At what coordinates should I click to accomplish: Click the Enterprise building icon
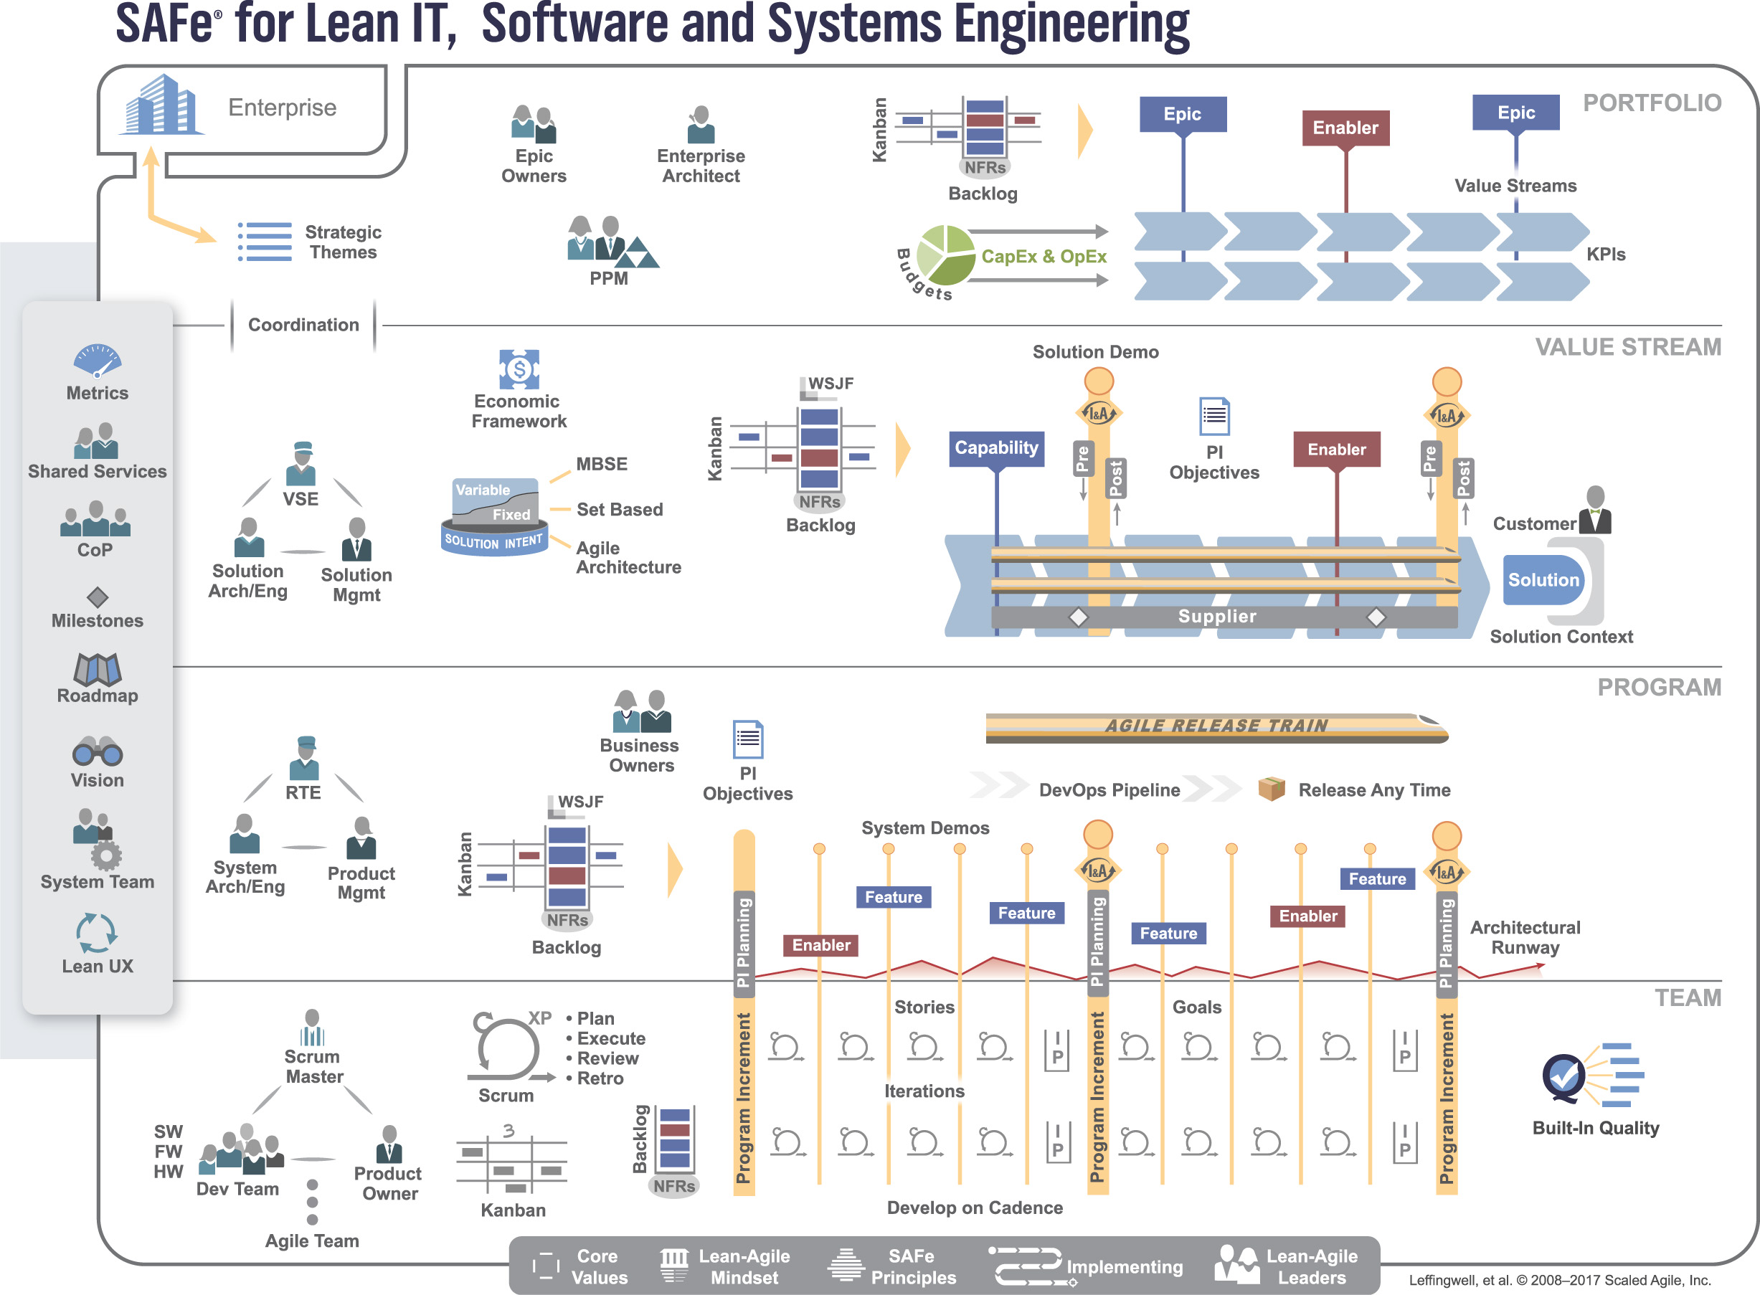[x=161, y=104]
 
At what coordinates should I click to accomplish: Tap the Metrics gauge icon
[x=98, y=361]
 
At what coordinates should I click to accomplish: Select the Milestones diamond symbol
[x=98, y=597]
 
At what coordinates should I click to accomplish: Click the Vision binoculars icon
[x=98, y=751]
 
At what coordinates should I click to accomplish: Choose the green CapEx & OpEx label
[x=1044, y=256]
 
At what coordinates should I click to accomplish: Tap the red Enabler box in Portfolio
[x=1345, y=128]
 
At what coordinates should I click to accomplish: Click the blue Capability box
[x=996, y=448]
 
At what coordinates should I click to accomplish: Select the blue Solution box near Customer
[x=1543, y=580]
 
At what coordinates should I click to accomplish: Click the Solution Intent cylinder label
[x=494, y=541]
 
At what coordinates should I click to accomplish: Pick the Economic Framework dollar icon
[x=519, y=369]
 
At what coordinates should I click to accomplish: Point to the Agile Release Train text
[x=1216, y=726]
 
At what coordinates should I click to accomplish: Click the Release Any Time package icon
[x=1271, y=788]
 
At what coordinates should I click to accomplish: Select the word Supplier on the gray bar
[x=1216, y=616]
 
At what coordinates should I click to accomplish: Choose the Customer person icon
[x=1594, y=511]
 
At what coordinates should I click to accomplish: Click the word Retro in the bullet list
[x=600, y=1078]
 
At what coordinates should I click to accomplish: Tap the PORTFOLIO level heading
[x=1652, y=103]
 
